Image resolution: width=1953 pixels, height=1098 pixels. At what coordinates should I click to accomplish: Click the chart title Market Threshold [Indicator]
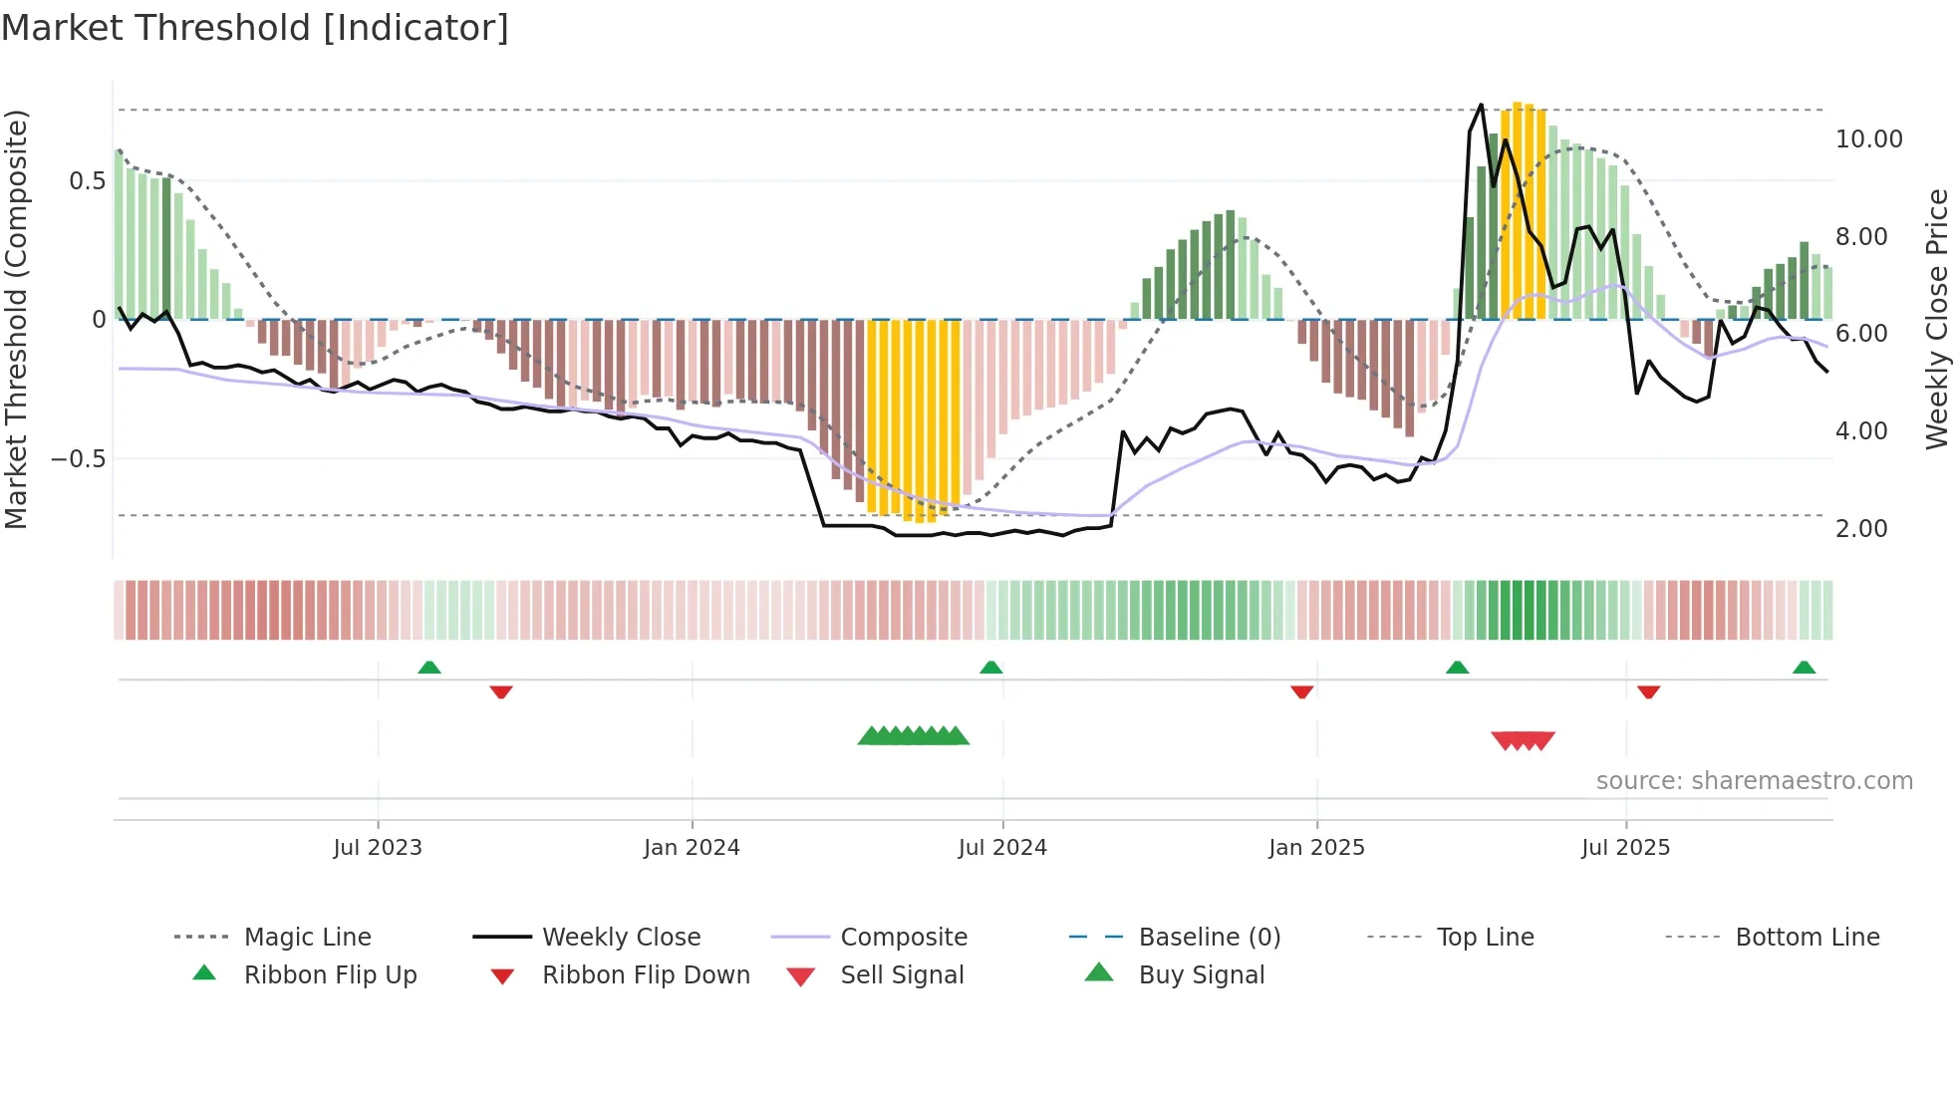(x=255, y=28)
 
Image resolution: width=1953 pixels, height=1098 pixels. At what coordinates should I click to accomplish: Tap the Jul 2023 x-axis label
(x=378, y=848)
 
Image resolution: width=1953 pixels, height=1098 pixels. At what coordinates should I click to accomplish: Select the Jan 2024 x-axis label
(x=692, y=848)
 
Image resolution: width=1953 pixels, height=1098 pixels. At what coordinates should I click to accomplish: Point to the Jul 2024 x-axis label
(x=1002, y=848)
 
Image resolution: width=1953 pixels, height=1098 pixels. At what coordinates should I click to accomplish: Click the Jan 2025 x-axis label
(x=1316, y=848)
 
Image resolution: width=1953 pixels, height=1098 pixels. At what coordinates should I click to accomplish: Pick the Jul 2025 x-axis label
(x=1625, y=848)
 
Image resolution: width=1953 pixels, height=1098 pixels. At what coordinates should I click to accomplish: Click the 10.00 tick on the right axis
(x=1868, y=139)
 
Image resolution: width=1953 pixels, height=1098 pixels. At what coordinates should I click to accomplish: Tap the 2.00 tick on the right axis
(x=1861, y=529)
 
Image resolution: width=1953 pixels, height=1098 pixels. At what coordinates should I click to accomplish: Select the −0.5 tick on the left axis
(x=78, y=459)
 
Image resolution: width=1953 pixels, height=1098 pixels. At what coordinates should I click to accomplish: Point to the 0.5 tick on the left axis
(x=87, y=181)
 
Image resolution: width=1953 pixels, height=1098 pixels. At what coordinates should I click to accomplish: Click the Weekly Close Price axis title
(x=1936, y=319)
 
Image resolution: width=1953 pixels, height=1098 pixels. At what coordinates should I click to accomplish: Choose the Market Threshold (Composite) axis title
(x=16, y=319)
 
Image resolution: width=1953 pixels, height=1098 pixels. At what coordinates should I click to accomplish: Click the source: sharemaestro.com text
(x=1754, y=781)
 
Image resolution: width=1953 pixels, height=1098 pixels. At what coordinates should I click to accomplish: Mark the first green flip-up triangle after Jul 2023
(x=429, y=668)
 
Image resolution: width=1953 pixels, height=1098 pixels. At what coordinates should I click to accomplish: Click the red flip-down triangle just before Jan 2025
(x=1301, y=691)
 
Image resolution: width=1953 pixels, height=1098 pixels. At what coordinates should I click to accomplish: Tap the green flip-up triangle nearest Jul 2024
(x=990, y=668)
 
